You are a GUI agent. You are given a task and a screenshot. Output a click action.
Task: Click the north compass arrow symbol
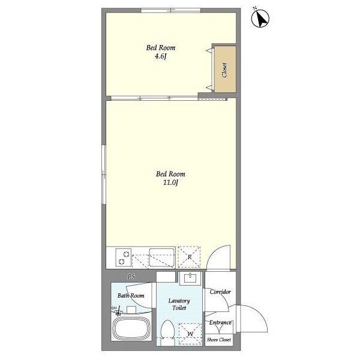tap(260, 19)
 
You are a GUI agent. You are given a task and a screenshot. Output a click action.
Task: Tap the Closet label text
tap(224, 70)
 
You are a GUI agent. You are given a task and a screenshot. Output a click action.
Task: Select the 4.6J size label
tap(160, 56)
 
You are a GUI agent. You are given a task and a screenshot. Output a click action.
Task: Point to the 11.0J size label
tap(170, 182)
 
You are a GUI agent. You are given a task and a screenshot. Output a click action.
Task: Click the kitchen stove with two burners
tap(123, 257)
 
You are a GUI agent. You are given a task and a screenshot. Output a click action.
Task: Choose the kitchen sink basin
tap(161, 257)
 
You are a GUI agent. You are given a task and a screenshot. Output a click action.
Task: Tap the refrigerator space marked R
tap(189, 257)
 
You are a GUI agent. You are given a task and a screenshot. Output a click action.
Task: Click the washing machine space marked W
tap(190, 334)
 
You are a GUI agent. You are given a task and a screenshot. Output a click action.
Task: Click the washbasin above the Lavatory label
tap(190, 278)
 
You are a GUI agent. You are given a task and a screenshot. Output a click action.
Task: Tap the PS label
tap(131, 277)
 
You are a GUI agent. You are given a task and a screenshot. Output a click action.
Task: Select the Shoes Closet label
tap(219, 340)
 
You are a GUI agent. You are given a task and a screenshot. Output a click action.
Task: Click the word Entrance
tap(220, 323)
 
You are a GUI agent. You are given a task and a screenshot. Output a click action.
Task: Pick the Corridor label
tap(220, 292)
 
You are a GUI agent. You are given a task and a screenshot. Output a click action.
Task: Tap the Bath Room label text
tap(131, 295)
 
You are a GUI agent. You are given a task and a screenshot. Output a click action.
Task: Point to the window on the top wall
tap(171, 10)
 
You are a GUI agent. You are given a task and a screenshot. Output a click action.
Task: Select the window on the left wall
tap(104, 174)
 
